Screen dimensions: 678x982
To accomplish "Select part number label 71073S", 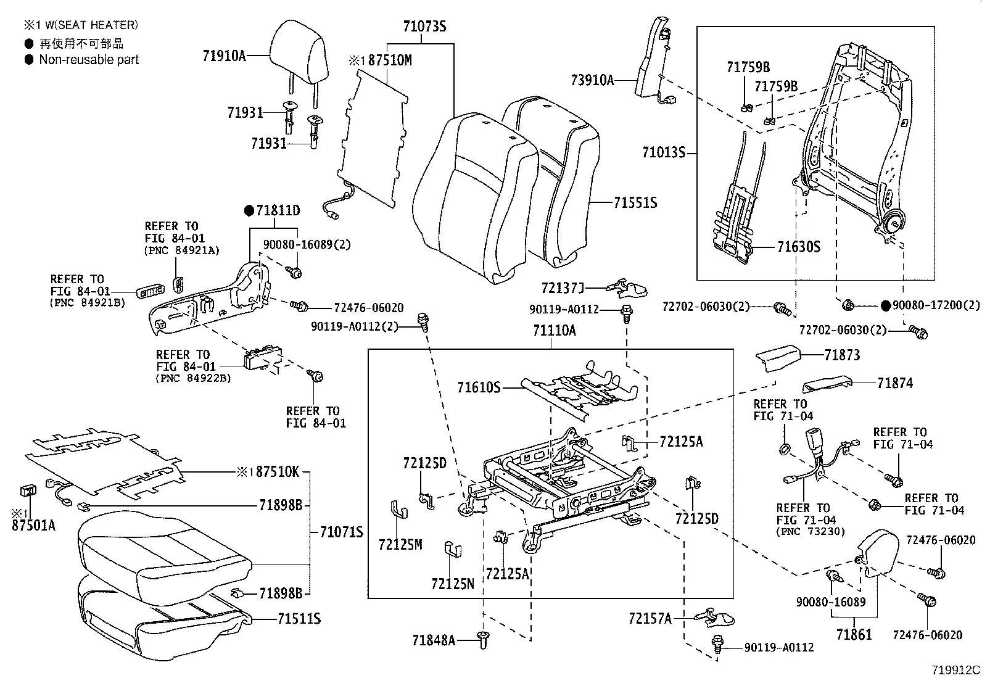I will point(424,27).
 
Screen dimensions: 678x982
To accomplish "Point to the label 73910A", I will point(592,80).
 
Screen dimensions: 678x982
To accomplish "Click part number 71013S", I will point(664,152).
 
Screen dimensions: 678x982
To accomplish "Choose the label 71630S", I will point(798,247).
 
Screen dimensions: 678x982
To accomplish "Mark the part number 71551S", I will point(635,202).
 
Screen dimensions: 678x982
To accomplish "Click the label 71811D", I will point(278,211).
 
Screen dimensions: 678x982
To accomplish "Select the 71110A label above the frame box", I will point(554,331).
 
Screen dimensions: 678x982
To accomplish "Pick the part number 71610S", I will point(479,387).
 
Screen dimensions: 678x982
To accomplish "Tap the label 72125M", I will point(400,545).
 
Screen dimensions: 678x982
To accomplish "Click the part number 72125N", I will point(453,584).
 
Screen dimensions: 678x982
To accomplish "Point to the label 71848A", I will point(434,641).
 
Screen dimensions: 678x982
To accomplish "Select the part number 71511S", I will point(299,619).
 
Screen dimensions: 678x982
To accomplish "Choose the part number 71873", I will point(843,355).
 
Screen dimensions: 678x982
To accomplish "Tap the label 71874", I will point(895,383).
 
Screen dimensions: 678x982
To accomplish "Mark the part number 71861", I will point(854,634).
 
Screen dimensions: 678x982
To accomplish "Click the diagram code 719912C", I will point(955,670).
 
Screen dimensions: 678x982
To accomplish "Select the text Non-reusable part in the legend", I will point(89,60).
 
